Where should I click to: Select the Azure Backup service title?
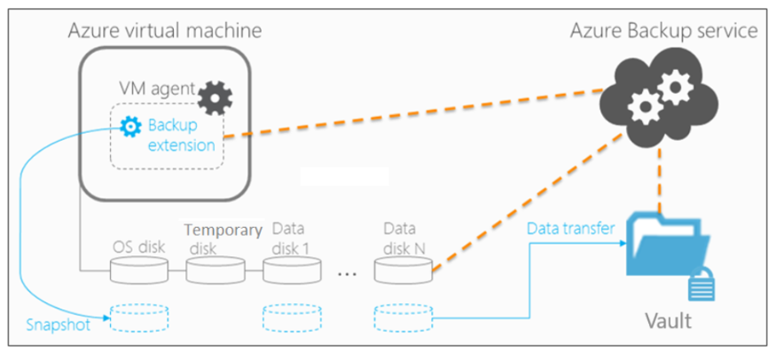(x=662, y=30)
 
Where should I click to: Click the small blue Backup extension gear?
(x=131, y=128)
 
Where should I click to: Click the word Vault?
(x=667, y=320)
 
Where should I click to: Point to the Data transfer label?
(x=571, y=230)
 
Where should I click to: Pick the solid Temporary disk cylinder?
(x=216, y=270)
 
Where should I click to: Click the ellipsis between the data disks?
(x=348, y=273)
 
